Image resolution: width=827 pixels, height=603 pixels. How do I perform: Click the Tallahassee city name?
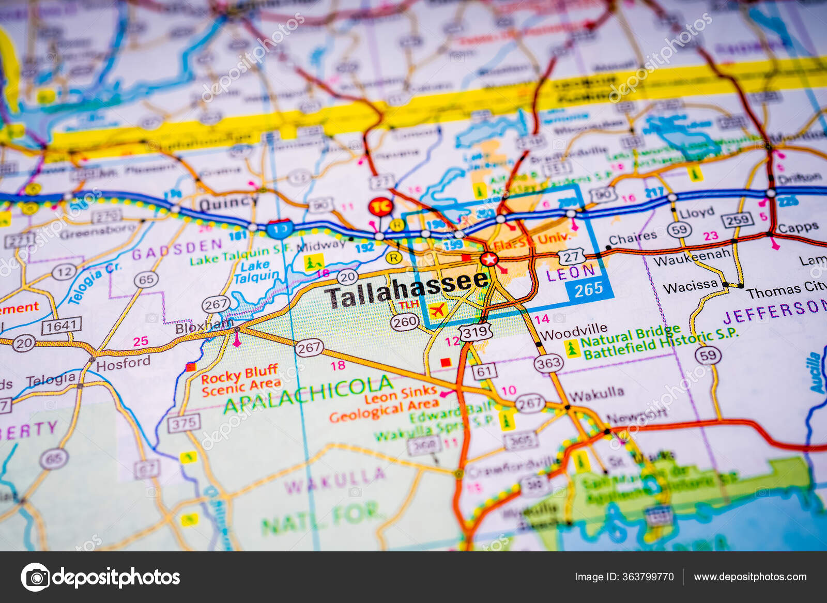(407, 290)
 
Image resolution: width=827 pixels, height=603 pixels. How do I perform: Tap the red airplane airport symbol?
(437, 311)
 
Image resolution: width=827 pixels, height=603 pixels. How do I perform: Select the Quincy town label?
(227, 203)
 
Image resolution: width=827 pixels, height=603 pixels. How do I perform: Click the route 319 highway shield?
(475, 332)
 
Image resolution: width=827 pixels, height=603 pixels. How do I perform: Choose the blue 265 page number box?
(589, 290)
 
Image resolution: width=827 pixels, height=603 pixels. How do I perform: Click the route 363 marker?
(548, 363)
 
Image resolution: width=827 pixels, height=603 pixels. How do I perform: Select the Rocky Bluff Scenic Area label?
(240, 380)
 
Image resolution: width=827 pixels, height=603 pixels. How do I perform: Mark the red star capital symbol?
(488, 258)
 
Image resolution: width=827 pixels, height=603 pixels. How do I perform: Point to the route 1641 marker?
(62, 326)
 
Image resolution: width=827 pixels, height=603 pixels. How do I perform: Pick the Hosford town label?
(123, 364)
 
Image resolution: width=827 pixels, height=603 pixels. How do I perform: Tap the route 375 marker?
(183, 423)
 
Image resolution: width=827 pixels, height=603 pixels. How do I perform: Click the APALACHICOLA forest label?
(309, 394)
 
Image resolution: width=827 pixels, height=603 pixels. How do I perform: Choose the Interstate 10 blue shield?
(280, 228)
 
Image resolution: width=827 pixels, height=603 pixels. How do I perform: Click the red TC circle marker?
(381, 207)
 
